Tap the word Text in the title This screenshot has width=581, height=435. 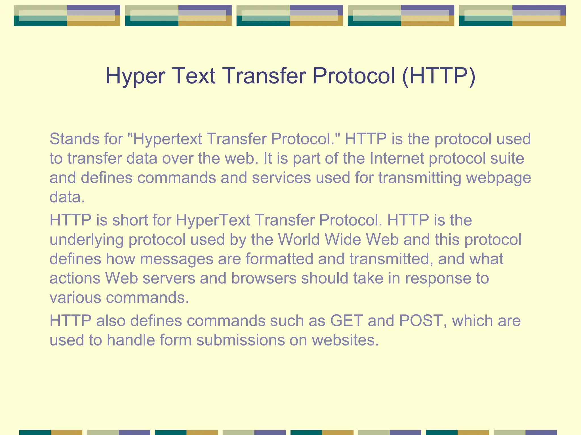193,76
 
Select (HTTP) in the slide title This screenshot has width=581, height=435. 439,76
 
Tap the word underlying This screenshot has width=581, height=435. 87,240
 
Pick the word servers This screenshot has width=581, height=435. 169,278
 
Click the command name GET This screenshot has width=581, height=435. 346,321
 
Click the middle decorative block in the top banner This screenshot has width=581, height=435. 290,16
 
